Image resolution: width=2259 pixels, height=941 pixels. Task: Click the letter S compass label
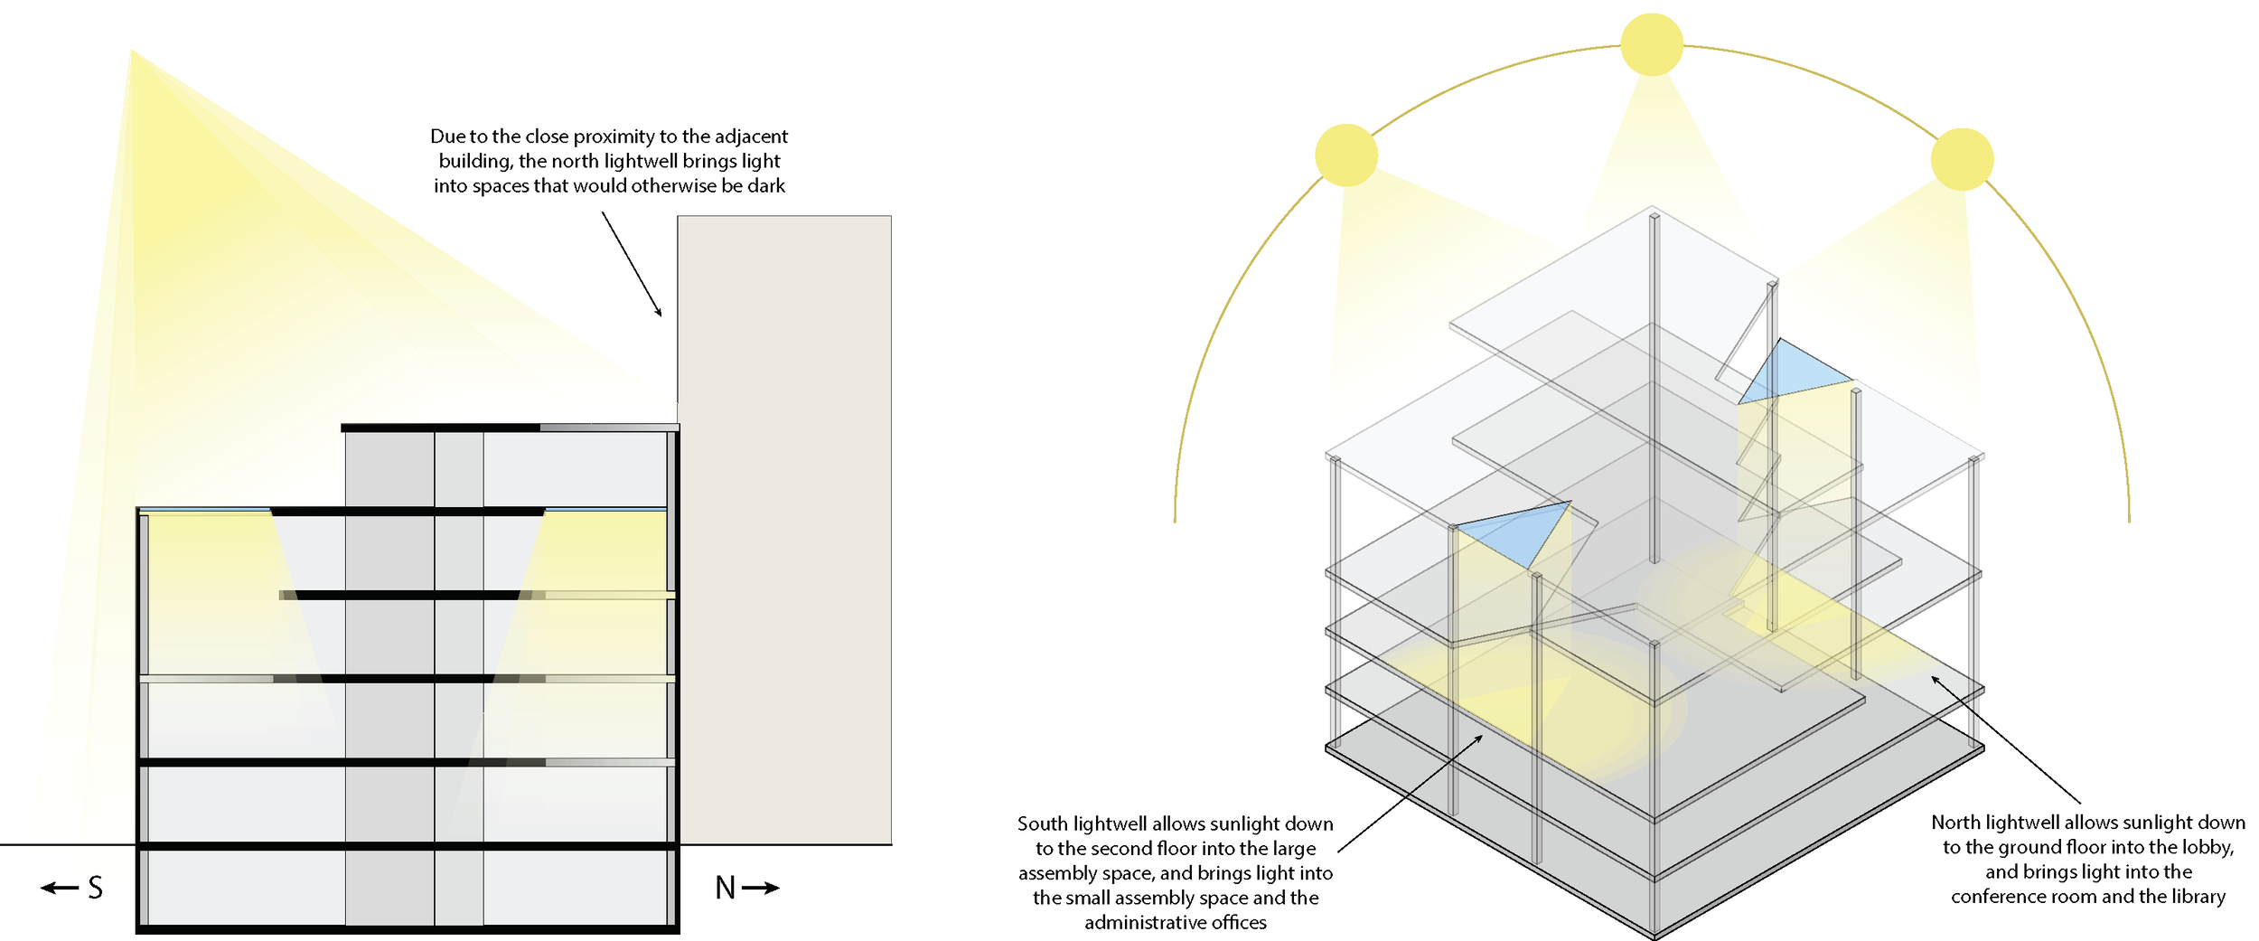click(x=96, y=888)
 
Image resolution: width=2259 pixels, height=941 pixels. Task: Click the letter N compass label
click(x=725, y=888)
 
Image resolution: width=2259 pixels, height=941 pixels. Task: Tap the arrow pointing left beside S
click(x=60, y=888)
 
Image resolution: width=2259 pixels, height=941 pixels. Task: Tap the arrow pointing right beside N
click(x=761, y=888)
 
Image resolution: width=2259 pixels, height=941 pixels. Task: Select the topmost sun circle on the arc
click(x=1652, y=44)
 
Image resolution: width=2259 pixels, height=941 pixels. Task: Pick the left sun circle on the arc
click(x=1346, y=155)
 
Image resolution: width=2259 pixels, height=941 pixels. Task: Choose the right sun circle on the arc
click(x=1962, y=159)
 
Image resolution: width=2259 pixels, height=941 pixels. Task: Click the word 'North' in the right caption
click(x=1955, y=823)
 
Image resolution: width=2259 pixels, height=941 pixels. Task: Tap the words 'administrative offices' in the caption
click(x=1176, y=923)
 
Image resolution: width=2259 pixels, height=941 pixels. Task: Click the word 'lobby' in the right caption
click(x=2207, y=848)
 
